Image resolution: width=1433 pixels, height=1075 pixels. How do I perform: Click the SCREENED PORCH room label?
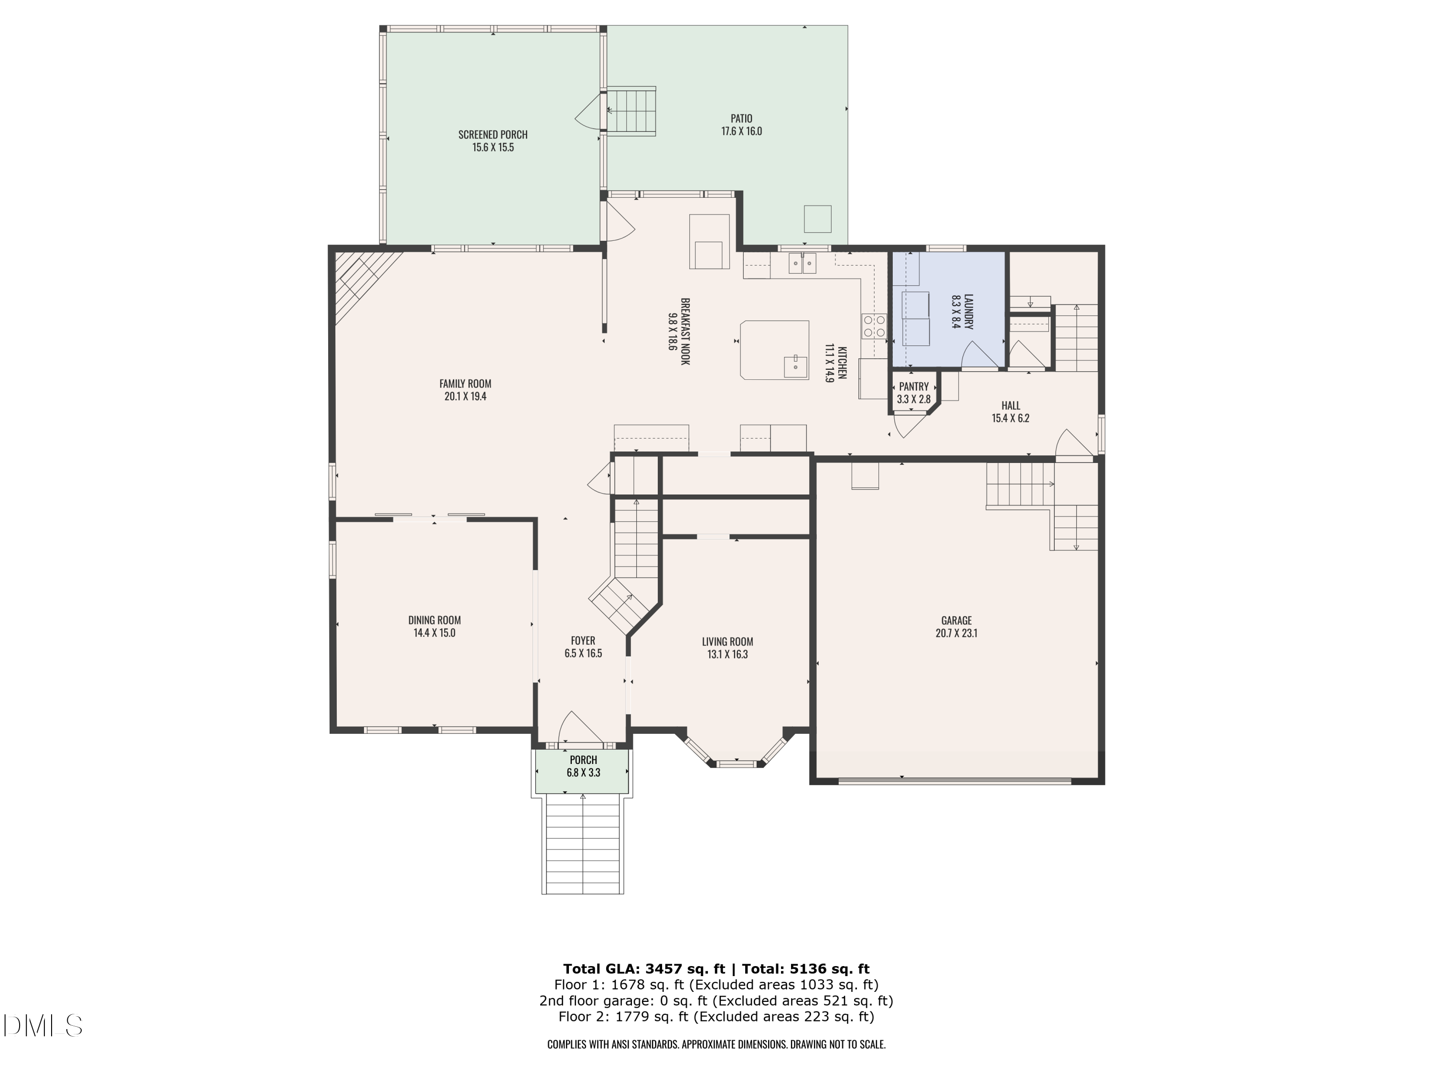pos(492,135)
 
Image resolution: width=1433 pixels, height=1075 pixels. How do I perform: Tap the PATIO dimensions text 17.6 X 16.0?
pos(741,131)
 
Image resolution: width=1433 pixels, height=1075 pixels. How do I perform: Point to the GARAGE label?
pos(956,620)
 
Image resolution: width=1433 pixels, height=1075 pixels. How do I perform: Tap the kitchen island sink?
pos(795,366)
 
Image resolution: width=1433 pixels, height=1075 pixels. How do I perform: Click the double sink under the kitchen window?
pos(802,264)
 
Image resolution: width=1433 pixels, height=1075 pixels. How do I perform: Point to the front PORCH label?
pos(583,760)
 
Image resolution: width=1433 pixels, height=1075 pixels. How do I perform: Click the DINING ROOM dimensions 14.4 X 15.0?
pos(434,633)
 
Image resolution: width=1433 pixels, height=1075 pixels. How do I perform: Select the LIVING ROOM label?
pos(727,642)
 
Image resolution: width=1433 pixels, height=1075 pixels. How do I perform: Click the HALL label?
pos(1011,406)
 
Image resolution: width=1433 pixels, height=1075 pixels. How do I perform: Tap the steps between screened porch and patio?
pos(631,111)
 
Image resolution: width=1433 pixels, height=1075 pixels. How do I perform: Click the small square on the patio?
pos(818,218)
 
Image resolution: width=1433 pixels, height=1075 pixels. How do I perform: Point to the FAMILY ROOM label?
pos(465,384)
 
